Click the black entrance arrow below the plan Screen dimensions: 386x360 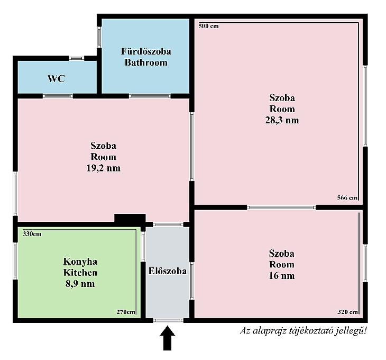pyautogui.click(x=168, y=338)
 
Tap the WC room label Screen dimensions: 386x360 pyautogui.click(x=57, y=78)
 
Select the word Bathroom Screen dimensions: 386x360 pyautogui.click(x=146, y=62)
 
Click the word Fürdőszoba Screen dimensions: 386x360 pyautogui.click(x=146, y=51)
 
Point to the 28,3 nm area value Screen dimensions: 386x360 pyautogui.click(x=282, y=120)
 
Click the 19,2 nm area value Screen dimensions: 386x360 pyautogui.click(x=104, y=168)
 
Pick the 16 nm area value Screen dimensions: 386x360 pyautogui.click(x=282, y=275)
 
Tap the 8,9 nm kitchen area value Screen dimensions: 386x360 pyautogui.click(x=80, y=284)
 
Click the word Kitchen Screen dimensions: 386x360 pyautogui.click(x=80, y=273)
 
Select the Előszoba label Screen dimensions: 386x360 pyautogui.click(x=168, y=271)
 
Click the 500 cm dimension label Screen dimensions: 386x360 pyautogui.click(x=208, y=26)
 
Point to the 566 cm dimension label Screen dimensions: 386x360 pyautogui.click(x=347, y=197)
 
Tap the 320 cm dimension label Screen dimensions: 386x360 pyautogui.click(x=347, y=312)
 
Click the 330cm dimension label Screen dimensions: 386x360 pyautogui.click(x=32, y=234)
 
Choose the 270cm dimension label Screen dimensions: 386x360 pyautogui.click(x=126, y=312)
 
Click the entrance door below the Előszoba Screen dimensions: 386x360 pyautogui.click(x=168, y=320)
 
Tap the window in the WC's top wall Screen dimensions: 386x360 pyautogui.click(x=76, y=58)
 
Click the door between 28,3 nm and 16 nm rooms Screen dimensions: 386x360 pyautogui.click(x=281, y=208)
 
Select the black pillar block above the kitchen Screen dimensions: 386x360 pyautogui.click(x=130, y=219)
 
